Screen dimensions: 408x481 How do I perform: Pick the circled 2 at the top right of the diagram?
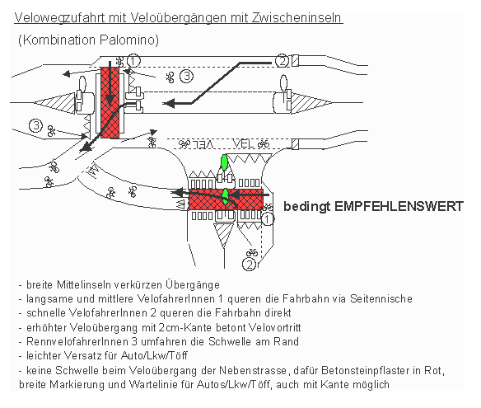[x=282, y=60]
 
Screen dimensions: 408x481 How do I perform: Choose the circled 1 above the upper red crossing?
[x=134, y=59]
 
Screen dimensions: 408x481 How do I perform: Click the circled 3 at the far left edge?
[x=35, y=125]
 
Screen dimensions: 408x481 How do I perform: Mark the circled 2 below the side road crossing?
[x=248, y=264]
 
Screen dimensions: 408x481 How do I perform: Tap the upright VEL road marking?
[x=246, y=142]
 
